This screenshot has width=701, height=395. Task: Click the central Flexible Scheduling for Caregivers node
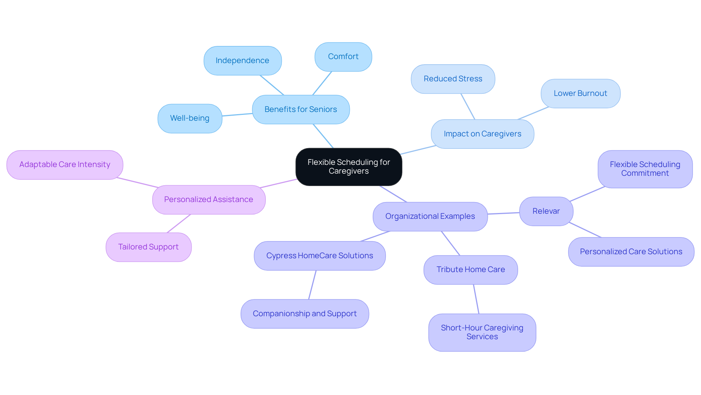(349, 167)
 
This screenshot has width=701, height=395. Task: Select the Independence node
(242, 61)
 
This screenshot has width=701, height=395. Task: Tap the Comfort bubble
(343, 57)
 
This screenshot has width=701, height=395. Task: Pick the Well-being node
(189, 118)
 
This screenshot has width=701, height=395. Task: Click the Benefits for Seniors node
(300, 109)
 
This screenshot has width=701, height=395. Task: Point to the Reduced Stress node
(453, 79)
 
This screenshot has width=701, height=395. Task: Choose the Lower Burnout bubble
(580, 93)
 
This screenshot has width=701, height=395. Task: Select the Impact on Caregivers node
(482, 134)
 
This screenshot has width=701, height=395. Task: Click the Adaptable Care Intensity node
(65, 164)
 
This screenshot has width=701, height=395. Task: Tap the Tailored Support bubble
(148, 247)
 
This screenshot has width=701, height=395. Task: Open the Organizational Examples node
(430, 216)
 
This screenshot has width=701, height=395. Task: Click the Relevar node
(546, 211)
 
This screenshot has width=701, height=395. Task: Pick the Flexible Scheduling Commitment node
(645, 169)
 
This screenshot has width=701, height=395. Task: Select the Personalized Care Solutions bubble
(631, 252)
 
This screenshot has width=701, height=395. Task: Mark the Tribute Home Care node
(471, 270)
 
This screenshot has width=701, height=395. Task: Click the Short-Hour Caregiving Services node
(482, 332)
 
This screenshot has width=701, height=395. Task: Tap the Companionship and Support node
(304, 314)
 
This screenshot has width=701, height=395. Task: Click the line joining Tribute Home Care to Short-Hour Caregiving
(476, 299)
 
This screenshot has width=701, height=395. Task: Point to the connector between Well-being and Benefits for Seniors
(237, 115)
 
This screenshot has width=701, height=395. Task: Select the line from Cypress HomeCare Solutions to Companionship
(312, 285)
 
